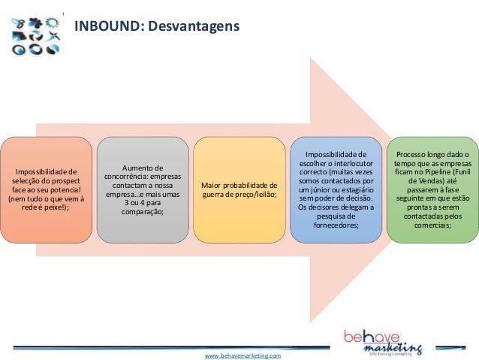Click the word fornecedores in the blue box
[335, 225]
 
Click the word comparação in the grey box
[142, 213]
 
